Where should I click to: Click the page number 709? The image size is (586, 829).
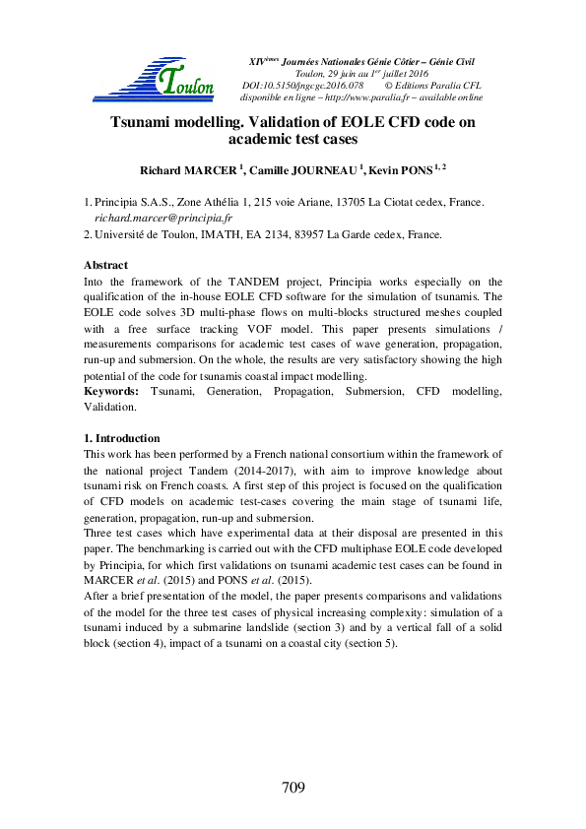[x=293, y=788]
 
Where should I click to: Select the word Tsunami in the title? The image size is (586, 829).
[x=144, y=123]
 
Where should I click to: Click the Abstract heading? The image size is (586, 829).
[x=105, y=266]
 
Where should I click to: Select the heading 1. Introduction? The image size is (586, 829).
[x=121, y=438]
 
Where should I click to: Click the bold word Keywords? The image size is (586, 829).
[x=109, y=392]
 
